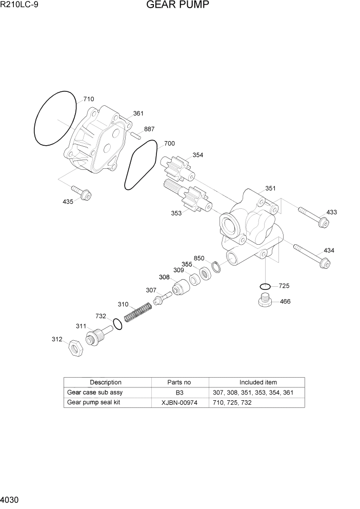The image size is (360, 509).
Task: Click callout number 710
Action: pyautogui.click(x=89, y=99)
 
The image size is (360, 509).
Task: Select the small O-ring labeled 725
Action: pyautogui.click(x=265, y=286)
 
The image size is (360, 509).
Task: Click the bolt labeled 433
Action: pyautogui.click(x=312, y=216)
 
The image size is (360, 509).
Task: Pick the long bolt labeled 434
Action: pyautogui.click(x=311, y=255)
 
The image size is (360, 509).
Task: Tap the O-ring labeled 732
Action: pyautogui.click(x=117, y=324)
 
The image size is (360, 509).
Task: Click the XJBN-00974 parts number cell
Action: pyautogui.click(x=179, y=403)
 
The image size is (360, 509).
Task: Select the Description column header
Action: pyautogui.click(x=106, y=382)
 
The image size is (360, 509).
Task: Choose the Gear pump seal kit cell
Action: pyautogui.click(x=93, y=403)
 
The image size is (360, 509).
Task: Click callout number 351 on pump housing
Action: pyautogui.click(x=270, y=188)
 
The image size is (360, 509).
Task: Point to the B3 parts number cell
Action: pyautogui.click(x=179, y=393)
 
